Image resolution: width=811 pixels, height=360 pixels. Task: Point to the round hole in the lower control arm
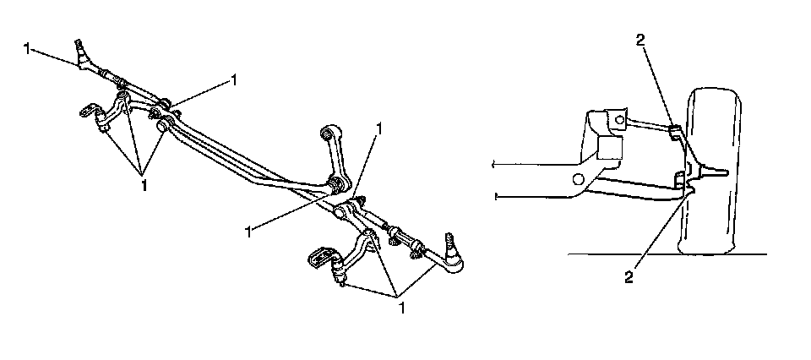579,178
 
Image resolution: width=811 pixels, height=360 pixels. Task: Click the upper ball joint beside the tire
676,131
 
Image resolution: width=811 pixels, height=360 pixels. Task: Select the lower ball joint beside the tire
681,179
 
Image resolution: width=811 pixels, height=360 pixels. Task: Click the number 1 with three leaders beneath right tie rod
402,308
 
